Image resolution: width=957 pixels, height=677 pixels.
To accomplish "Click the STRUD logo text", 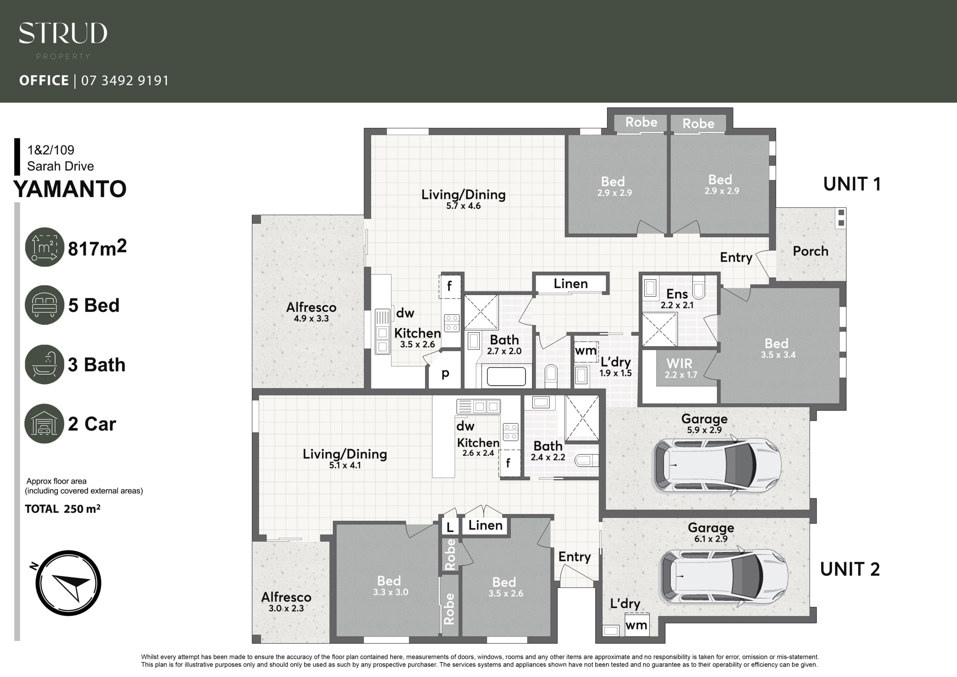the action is tap(63, 33).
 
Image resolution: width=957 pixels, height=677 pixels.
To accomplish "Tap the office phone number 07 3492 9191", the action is tap(125, 80).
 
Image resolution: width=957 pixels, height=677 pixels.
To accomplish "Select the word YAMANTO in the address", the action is tap(70, 189).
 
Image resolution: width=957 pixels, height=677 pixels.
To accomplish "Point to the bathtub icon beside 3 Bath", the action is tap(44, 364).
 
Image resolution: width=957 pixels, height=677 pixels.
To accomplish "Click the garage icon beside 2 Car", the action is tap(44, 423).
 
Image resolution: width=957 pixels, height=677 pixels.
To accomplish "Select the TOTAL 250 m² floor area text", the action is tap(62, 509).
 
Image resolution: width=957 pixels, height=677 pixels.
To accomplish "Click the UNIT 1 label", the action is tap(852, 184).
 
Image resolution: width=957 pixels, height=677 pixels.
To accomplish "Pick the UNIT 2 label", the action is tap(850, 569).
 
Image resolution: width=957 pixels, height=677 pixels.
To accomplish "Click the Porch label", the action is tap(810, 251).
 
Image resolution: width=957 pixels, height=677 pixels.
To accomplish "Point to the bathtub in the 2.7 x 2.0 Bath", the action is tap(507, 376).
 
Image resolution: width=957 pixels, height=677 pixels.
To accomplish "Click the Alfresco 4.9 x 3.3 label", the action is tap(311, 312).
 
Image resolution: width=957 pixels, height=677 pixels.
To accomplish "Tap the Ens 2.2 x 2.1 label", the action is tap(677, 298).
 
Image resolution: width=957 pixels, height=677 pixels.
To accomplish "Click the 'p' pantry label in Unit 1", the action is tap(445, 373).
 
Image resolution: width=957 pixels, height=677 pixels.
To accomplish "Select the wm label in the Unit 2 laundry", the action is tap(636, 625).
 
